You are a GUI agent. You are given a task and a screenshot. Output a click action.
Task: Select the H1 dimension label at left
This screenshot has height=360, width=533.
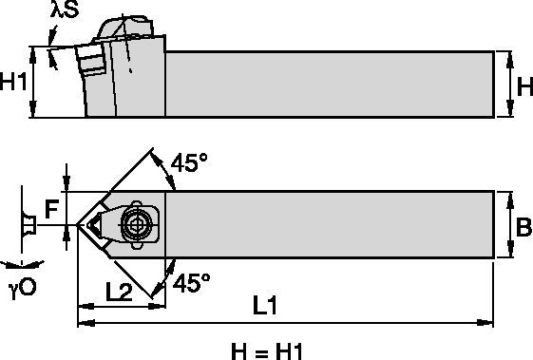13,83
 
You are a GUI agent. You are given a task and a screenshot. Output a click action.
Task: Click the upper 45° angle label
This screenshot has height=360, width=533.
188,162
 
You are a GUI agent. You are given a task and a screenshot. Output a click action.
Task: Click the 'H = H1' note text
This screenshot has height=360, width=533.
266,350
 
